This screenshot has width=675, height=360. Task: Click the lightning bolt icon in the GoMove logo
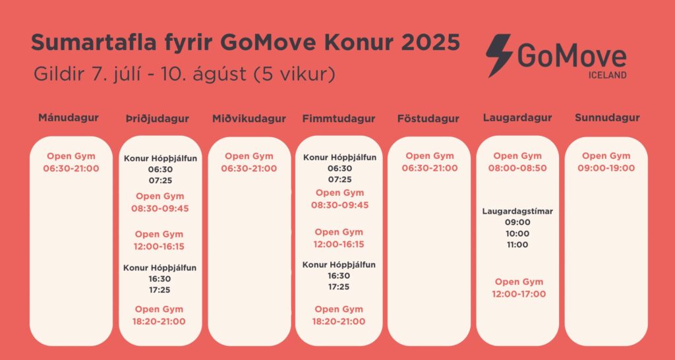click(x=500, y=55)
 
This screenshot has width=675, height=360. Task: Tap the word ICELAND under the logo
click(x=607, y=75)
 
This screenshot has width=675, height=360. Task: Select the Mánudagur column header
click(x=69, y=117)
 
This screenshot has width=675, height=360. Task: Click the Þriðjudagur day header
click(x=158, y=119)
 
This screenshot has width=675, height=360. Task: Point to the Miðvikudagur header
click(x=249, y=119)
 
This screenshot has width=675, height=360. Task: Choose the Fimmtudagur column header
click(x=338, y=119)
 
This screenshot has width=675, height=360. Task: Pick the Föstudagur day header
click(x=428, y=119)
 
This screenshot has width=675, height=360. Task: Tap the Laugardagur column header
click(x=517, y=117)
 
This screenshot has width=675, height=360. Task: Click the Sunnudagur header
click(x=607, y=117)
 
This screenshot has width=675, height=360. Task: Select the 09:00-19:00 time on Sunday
click(x=606, y=168)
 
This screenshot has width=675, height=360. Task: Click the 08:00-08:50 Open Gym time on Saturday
click(x=517, y=168)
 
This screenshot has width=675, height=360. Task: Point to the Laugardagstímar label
click(x=517, y=212)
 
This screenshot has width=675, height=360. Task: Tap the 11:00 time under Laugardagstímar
click(x=517, y=245)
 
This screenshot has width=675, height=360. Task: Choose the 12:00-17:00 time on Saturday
click(x=519, y=294)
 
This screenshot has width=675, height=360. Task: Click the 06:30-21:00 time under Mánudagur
click(x=71, y=168)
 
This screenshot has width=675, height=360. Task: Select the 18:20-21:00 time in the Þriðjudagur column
click(x=159, y=321)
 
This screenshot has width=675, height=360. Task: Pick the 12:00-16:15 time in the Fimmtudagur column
click(x=339, y=244)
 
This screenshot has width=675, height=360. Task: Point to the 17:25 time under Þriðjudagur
click(x=160, y=290)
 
